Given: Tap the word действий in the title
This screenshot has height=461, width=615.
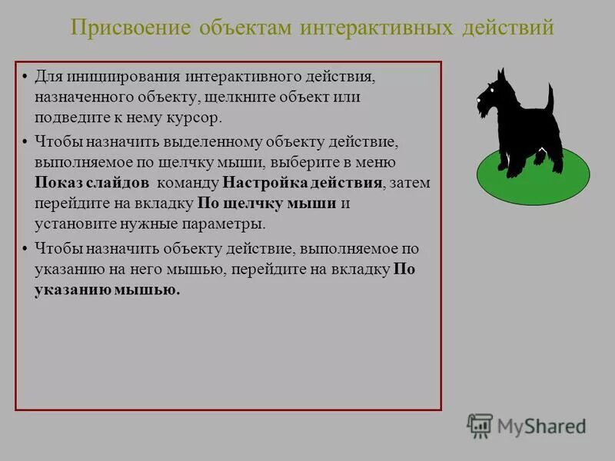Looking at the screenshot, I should pos(508,28).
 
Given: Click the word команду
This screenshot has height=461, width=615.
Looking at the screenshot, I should pos(187,183).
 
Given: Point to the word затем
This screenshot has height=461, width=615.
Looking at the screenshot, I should pos(409,183).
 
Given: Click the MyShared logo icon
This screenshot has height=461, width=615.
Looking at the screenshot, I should pos(480,425).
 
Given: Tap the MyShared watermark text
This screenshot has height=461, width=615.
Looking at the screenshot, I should pos(540,426).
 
